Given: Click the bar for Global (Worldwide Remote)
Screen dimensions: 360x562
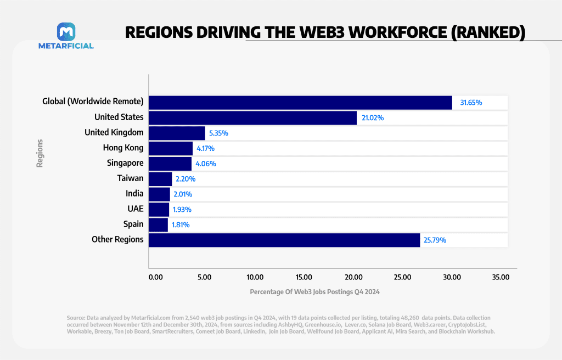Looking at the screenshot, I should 300,103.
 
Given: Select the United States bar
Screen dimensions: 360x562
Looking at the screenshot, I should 252,117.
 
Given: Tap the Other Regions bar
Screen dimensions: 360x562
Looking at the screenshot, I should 284,240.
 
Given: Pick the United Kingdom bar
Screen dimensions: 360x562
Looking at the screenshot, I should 177,133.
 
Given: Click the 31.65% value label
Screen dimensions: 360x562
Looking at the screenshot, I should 471,103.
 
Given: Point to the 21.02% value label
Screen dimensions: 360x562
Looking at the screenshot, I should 375,117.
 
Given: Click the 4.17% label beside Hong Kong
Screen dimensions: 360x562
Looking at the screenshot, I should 206,148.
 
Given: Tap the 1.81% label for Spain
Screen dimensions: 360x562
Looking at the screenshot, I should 181,224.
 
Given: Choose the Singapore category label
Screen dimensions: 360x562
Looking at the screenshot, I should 125,163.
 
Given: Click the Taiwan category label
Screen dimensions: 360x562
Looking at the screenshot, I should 130,178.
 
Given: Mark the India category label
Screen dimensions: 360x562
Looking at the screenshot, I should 134,194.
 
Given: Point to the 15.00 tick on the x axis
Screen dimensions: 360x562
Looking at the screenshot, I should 304,277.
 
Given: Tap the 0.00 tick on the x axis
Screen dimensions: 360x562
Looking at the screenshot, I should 155,277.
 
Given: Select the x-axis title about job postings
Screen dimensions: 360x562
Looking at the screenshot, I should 314,292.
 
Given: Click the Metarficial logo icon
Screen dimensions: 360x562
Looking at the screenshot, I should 66,31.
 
